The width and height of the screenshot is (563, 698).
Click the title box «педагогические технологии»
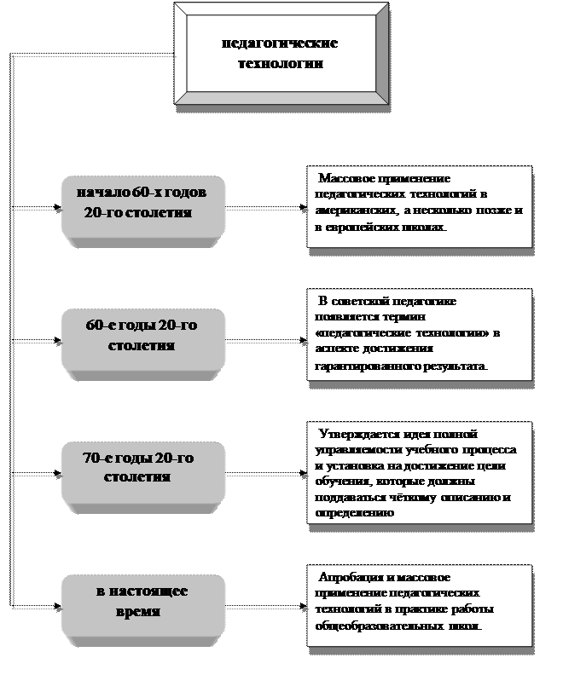[279, 52]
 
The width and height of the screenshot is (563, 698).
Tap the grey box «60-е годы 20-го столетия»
[142, 336]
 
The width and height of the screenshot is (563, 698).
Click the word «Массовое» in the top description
[345, 179]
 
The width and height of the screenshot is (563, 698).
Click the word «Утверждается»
[357, 434]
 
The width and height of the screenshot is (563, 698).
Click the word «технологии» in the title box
[281, 62]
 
